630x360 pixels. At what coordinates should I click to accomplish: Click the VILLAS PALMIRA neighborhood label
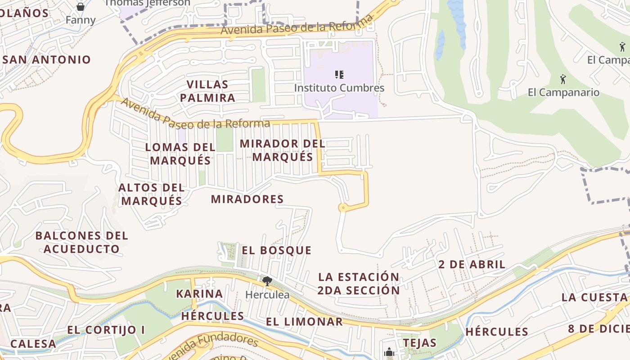click(207, 91)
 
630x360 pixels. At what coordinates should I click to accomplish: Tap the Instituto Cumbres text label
click(339, 88)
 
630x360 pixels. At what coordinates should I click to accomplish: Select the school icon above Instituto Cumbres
click(339, 75)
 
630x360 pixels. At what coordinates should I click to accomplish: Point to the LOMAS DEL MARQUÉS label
click(180, 153)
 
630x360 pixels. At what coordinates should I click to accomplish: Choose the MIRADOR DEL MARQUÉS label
click(283, 150)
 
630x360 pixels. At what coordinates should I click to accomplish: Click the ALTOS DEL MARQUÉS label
click(152, 194)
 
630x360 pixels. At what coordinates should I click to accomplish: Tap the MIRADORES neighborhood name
click(247, 199)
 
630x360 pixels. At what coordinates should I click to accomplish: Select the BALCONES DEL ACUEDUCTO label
click(82, 242)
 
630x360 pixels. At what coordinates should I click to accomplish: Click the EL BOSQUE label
click(276, 250)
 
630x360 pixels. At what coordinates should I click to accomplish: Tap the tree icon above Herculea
click(267, 282)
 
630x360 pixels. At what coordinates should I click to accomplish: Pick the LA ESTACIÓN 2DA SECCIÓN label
click(359, 283)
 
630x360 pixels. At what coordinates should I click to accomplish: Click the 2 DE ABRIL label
click(472, 264)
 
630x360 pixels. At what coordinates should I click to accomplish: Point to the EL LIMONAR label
click(304, 322)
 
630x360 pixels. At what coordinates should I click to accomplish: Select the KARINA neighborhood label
click(199, 294)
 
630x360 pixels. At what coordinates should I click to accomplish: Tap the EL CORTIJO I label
click(106, 330)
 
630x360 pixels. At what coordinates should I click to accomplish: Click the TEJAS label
click(419, 342)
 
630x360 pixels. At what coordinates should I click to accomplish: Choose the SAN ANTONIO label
click(46, 59)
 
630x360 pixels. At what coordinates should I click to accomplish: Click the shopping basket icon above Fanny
click(81, 7)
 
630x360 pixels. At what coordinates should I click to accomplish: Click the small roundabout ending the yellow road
click(342, 207)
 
